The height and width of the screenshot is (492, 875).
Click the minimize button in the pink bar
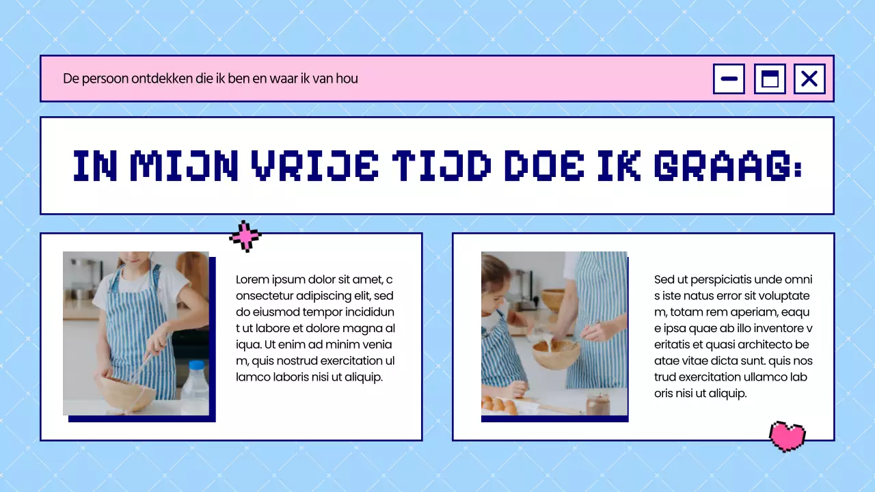pyautogui.click(x=729, y=79)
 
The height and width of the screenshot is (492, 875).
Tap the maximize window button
pyautogui.click(x=770, y=79)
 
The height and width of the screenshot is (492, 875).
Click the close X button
pyautogui.click(x=809, y=79)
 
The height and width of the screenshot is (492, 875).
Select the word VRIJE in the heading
pyautogui.click(x=315, y=166)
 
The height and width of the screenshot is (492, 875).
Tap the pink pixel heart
pyautogui.click(x=787, y=437)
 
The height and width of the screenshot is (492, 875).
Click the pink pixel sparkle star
pyautogui.click(x=245, y=236)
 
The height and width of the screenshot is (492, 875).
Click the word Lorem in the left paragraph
pyautogui.click(x=252, y=279)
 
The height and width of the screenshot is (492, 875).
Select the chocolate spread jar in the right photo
pyautogui.click(x=597, y=404)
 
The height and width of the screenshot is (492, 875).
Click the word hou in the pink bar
pyautogui.click(x=347, y=79)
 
